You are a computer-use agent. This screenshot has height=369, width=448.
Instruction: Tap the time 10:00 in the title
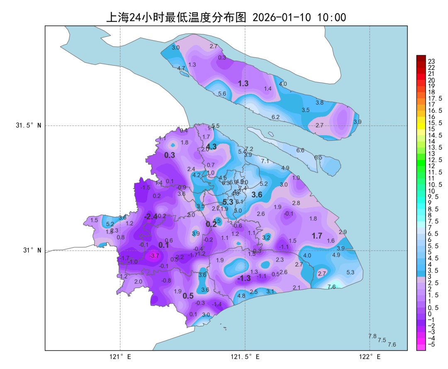(331, 17)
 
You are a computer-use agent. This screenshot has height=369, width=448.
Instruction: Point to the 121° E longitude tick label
(120, 357)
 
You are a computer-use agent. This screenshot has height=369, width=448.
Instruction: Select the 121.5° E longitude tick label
(245, 357)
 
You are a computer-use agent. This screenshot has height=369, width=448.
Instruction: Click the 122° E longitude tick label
(370, 357)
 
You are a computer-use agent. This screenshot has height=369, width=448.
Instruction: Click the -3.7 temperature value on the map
(154, 256)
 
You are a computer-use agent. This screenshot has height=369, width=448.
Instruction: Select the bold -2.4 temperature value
(151, 217)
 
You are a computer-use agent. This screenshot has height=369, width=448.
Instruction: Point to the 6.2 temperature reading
(275, 117)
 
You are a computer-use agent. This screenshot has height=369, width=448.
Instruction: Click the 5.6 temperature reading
(222, 94)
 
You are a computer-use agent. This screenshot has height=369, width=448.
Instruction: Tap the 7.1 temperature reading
(265, 161)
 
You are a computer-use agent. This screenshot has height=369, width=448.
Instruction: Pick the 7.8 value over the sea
(373, 336)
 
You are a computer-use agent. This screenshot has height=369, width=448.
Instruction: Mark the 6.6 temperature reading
(300, 150)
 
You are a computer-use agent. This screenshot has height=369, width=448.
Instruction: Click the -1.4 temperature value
(217, 304)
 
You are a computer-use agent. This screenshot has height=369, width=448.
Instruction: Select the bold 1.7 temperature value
(317, 236)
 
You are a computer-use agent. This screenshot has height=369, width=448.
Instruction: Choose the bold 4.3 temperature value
(212, 147)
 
